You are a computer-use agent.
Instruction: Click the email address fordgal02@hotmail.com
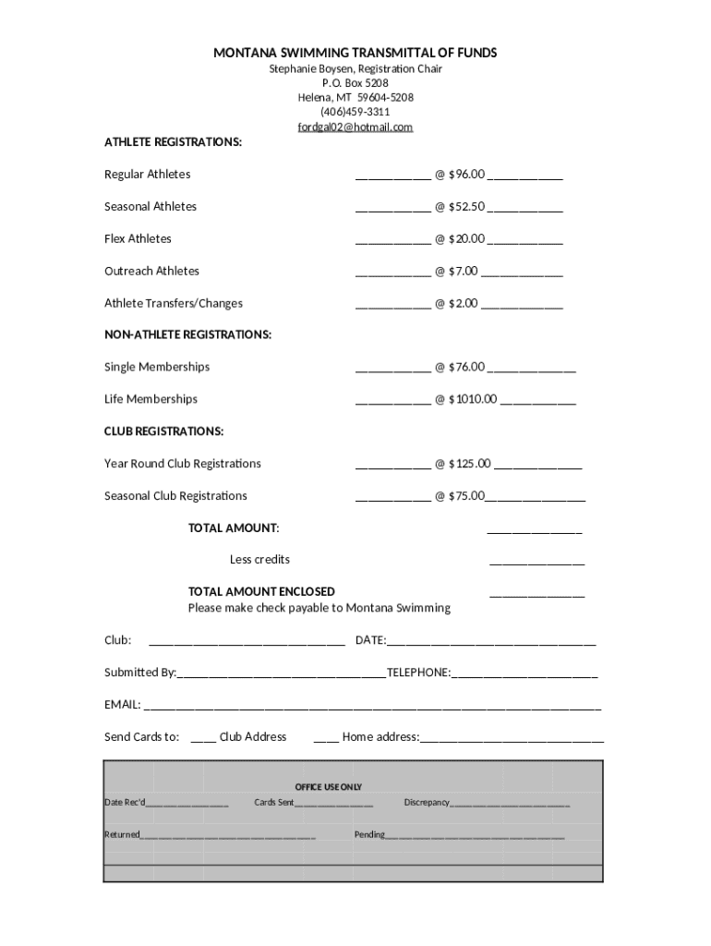tap(355, 127)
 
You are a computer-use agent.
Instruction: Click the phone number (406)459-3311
tap(355, 112)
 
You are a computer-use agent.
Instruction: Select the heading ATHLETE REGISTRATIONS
tap(173, 142)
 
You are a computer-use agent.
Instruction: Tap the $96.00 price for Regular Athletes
tap(466, 174)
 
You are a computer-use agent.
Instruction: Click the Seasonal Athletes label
tap(150, 206)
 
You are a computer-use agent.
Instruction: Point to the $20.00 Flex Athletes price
tap(466, 238)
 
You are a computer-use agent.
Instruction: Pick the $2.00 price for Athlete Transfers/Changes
tap(464, 303)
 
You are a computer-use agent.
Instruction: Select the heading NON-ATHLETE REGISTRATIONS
tap(187, 334)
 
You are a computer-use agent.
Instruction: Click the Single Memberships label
tap(156, 367)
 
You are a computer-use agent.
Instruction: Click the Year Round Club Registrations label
tap(182, 464)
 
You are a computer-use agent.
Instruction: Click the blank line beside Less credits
tap(536, 562)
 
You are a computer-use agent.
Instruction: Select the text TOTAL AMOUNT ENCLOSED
tap(261, 591)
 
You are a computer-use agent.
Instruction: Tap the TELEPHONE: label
tap(418, 673)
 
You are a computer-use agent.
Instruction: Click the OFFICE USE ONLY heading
tap(328, 787)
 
